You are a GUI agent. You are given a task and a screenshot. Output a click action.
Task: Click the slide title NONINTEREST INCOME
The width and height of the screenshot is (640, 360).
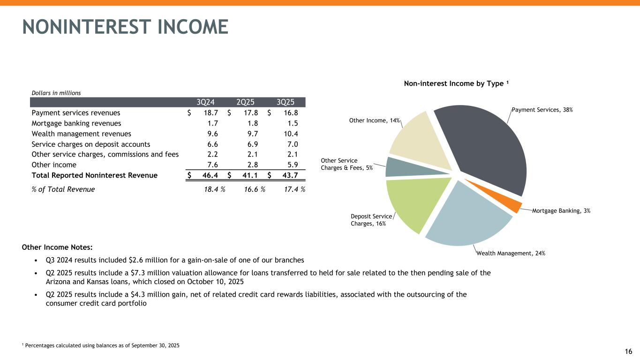click(x=125, y=27)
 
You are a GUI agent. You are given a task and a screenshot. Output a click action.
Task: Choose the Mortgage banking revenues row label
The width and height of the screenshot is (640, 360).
click(x=76, y=123)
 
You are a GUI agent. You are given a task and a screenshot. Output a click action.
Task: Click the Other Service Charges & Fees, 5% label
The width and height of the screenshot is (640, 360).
click(x=346, y=164)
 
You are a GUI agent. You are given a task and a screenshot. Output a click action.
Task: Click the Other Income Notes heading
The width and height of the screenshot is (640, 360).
click(x=57, y=247)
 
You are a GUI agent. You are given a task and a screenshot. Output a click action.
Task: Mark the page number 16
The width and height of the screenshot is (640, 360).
click(x=628, y=352)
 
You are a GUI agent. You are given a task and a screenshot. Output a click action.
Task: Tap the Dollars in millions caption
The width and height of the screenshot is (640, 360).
click(x=56, y=93)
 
